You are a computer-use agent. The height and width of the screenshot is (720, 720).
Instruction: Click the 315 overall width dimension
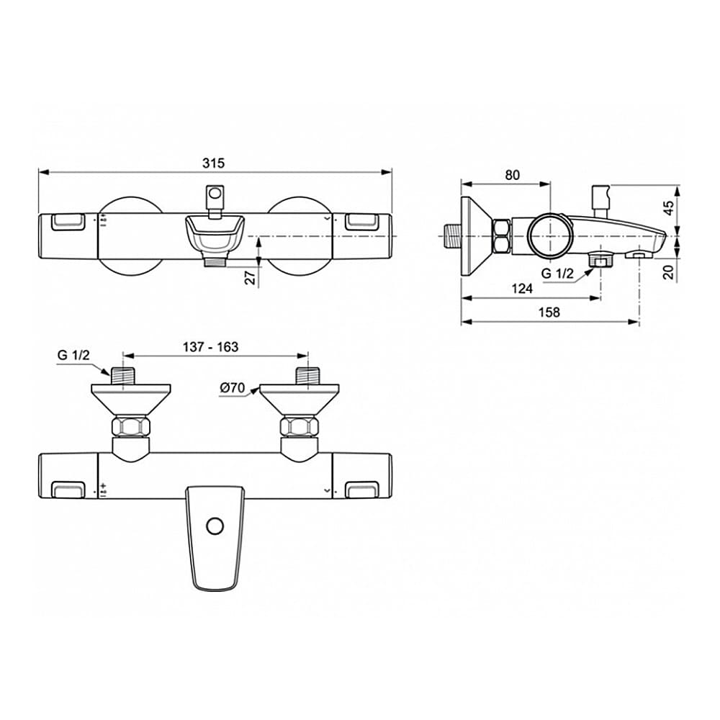tap(214, 163)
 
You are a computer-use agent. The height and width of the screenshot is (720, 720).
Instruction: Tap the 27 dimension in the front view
tap(251, 277)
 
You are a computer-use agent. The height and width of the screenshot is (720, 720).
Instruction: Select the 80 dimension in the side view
tap(512, 175)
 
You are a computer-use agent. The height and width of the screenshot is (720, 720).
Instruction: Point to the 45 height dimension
tap(669, 208)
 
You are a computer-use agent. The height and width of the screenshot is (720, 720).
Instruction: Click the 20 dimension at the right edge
tap(669, 272)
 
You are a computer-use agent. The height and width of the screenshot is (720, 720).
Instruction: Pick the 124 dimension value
tap(522, 289)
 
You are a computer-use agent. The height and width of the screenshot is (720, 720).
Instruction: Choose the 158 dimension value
tap(549, 312)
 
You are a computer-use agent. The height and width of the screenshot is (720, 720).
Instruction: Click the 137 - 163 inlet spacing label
tap(210, 347)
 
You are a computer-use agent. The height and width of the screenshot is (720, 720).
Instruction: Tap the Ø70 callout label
tap(233, 388)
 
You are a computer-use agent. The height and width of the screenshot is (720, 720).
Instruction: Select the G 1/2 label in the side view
tap(557, 274)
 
